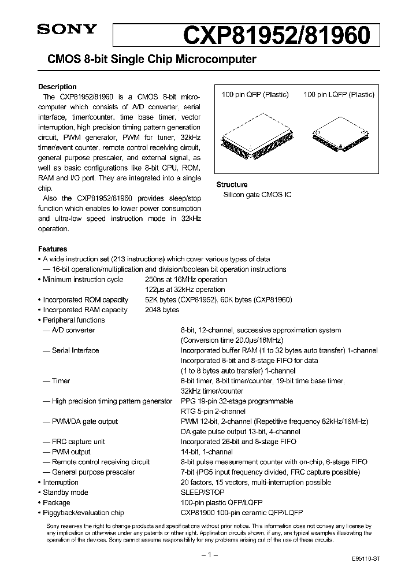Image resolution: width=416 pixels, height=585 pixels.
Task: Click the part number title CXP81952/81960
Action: click(276, 35)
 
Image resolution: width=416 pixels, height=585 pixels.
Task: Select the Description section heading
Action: click(57, 87)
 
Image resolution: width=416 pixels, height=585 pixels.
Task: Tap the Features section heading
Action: click(53, 249)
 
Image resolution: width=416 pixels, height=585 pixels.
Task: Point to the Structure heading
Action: click(232, 184)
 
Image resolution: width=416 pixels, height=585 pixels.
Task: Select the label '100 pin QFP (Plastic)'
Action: click(255, 95)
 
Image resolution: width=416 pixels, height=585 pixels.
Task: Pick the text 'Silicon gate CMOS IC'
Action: click(257, 195)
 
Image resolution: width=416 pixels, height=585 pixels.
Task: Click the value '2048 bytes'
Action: click(162, 310)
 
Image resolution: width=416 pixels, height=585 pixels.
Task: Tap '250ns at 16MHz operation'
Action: click(185, 279)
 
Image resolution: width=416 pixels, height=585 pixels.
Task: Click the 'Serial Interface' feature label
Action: click(75, 350)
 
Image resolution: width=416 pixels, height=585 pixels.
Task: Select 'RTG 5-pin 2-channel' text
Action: click(213, 411)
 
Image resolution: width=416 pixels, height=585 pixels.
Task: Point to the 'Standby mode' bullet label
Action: click(65, 493)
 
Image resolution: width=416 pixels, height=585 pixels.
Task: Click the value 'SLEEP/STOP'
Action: click(202, 493)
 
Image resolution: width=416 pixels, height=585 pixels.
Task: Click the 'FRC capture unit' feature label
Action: click(78, 442)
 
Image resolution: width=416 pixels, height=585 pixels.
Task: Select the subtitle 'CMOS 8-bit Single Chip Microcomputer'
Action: click(147, 60)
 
